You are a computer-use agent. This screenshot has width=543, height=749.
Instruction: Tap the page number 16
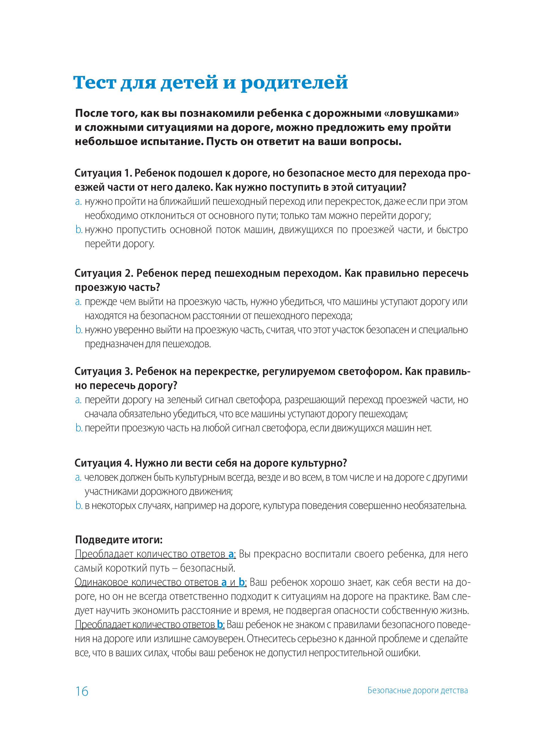pos(82,691)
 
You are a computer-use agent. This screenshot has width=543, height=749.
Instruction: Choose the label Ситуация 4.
pos(103,463)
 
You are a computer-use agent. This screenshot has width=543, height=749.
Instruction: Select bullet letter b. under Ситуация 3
pos(79,428)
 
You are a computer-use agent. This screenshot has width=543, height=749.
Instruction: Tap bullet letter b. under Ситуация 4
pos(79,505)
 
